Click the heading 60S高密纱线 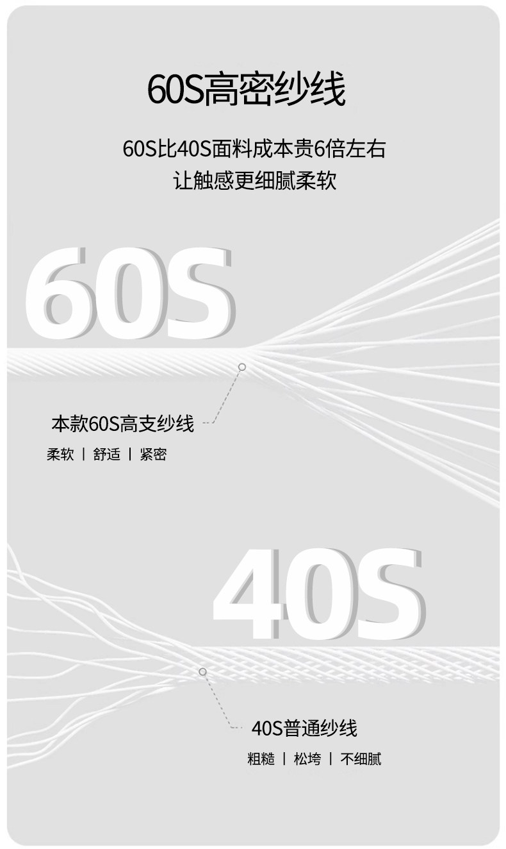(247, 90)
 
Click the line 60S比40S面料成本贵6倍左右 (254, 149)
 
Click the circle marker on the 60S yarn (242, 367)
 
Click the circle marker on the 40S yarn (202, 671)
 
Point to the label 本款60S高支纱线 (122, 424)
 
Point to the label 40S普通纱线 (304, 728)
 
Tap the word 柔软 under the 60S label (60, 455)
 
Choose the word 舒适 (106, 455)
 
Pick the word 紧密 (153, 455)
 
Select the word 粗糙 (261, 759)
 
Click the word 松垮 (307, 759)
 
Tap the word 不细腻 (361, 759)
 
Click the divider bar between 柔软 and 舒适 (83, 455)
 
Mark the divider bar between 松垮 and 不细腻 (331, 759)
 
